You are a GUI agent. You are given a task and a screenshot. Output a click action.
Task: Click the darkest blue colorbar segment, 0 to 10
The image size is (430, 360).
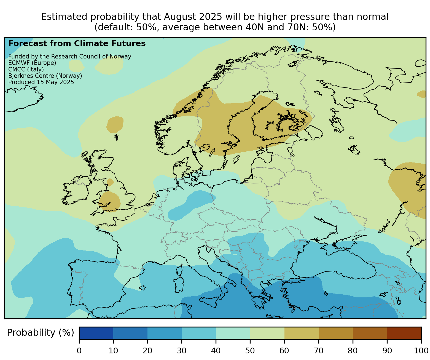click(x=96, y=333)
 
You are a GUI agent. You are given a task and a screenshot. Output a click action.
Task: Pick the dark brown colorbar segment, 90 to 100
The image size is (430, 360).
click(x=404, y=333)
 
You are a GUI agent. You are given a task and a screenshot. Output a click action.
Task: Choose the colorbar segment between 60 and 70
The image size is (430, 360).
click(x=301, y=333)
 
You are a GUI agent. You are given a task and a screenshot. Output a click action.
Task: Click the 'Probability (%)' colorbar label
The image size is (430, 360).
click(x=41, y=333)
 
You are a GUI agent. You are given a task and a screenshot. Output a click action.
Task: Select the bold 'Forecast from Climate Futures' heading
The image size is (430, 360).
click(x=77, y=44)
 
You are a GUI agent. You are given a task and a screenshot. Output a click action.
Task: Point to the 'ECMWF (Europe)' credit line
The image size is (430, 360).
click(x=32, y=63)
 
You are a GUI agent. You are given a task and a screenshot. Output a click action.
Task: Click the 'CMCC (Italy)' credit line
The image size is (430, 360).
click(x=26, y=69)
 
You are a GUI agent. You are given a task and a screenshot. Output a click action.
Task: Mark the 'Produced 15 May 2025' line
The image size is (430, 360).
click(x=41, y=82)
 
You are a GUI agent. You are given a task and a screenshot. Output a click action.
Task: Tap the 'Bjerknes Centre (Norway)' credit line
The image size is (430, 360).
click(x=45, y=76)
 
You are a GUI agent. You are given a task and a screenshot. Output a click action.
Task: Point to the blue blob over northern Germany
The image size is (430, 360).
click(x=190, y=206)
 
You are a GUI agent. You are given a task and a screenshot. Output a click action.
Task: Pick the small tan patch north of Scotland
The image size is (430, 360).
click(x=115, y=124)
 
